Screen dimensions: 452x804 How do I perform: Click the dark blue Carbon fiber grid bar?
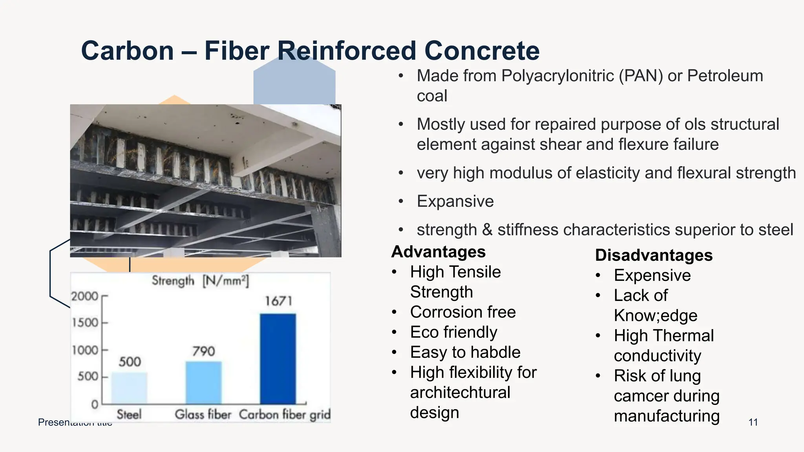coord(278,359)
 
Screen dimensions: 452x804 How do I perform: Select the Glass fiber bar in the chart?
coord(203,383)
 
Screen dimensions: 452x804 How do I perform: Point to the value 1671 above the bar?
coord(278,301)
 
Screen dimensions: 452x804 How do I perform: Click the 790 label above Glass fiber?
coord(203,351)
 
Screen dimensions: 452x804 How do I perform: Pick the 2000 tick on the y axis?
coord(85,296)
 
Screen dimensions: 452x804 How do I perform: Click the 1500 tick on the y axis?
coord(85,323)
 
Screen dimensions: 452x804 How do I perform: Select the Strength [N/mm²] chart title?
coord(200,281)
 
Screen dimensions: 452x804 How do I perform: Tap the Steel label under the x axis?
coord(129,414)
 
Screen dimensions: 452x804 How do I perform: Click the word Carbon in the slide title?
coord(127,51)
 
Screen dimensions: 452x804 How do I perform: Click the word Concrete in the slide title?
coord(482,51)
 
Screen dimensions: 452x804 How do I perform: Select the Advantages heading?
coord(439,252)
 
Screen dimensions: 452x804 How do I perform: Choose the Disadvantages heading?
coord(654,255)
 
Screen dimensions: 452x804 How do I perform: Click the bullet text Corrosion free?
coord(463,312)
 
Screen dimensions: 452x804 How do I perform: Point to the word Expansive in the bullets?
coord(455,201)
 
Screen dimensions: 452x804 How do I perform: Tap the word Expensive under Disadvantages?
coord(652,275)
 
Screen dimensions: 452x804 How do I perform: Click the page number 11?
coord(753,422)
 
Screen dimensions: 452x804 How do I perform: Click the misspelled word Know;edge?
coord(655,316)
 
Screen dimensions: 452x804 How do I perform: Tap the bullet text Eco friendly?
coord(453,332)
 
